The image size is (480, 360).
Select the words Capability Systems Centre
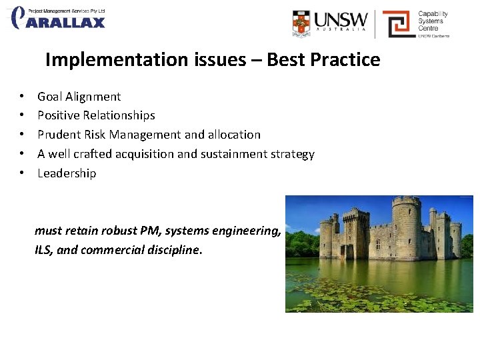click(433, 21)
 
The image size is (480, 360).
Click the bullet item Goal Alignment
click(79, 97)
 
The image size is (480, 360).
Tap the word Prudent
click(59, 135)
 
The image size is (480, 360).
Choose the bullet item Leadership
click(67, 173)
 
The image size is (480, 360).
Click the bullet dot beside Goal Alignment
click(22, 97)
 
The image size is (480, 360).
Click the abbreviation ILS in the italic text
click(43, 251)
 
